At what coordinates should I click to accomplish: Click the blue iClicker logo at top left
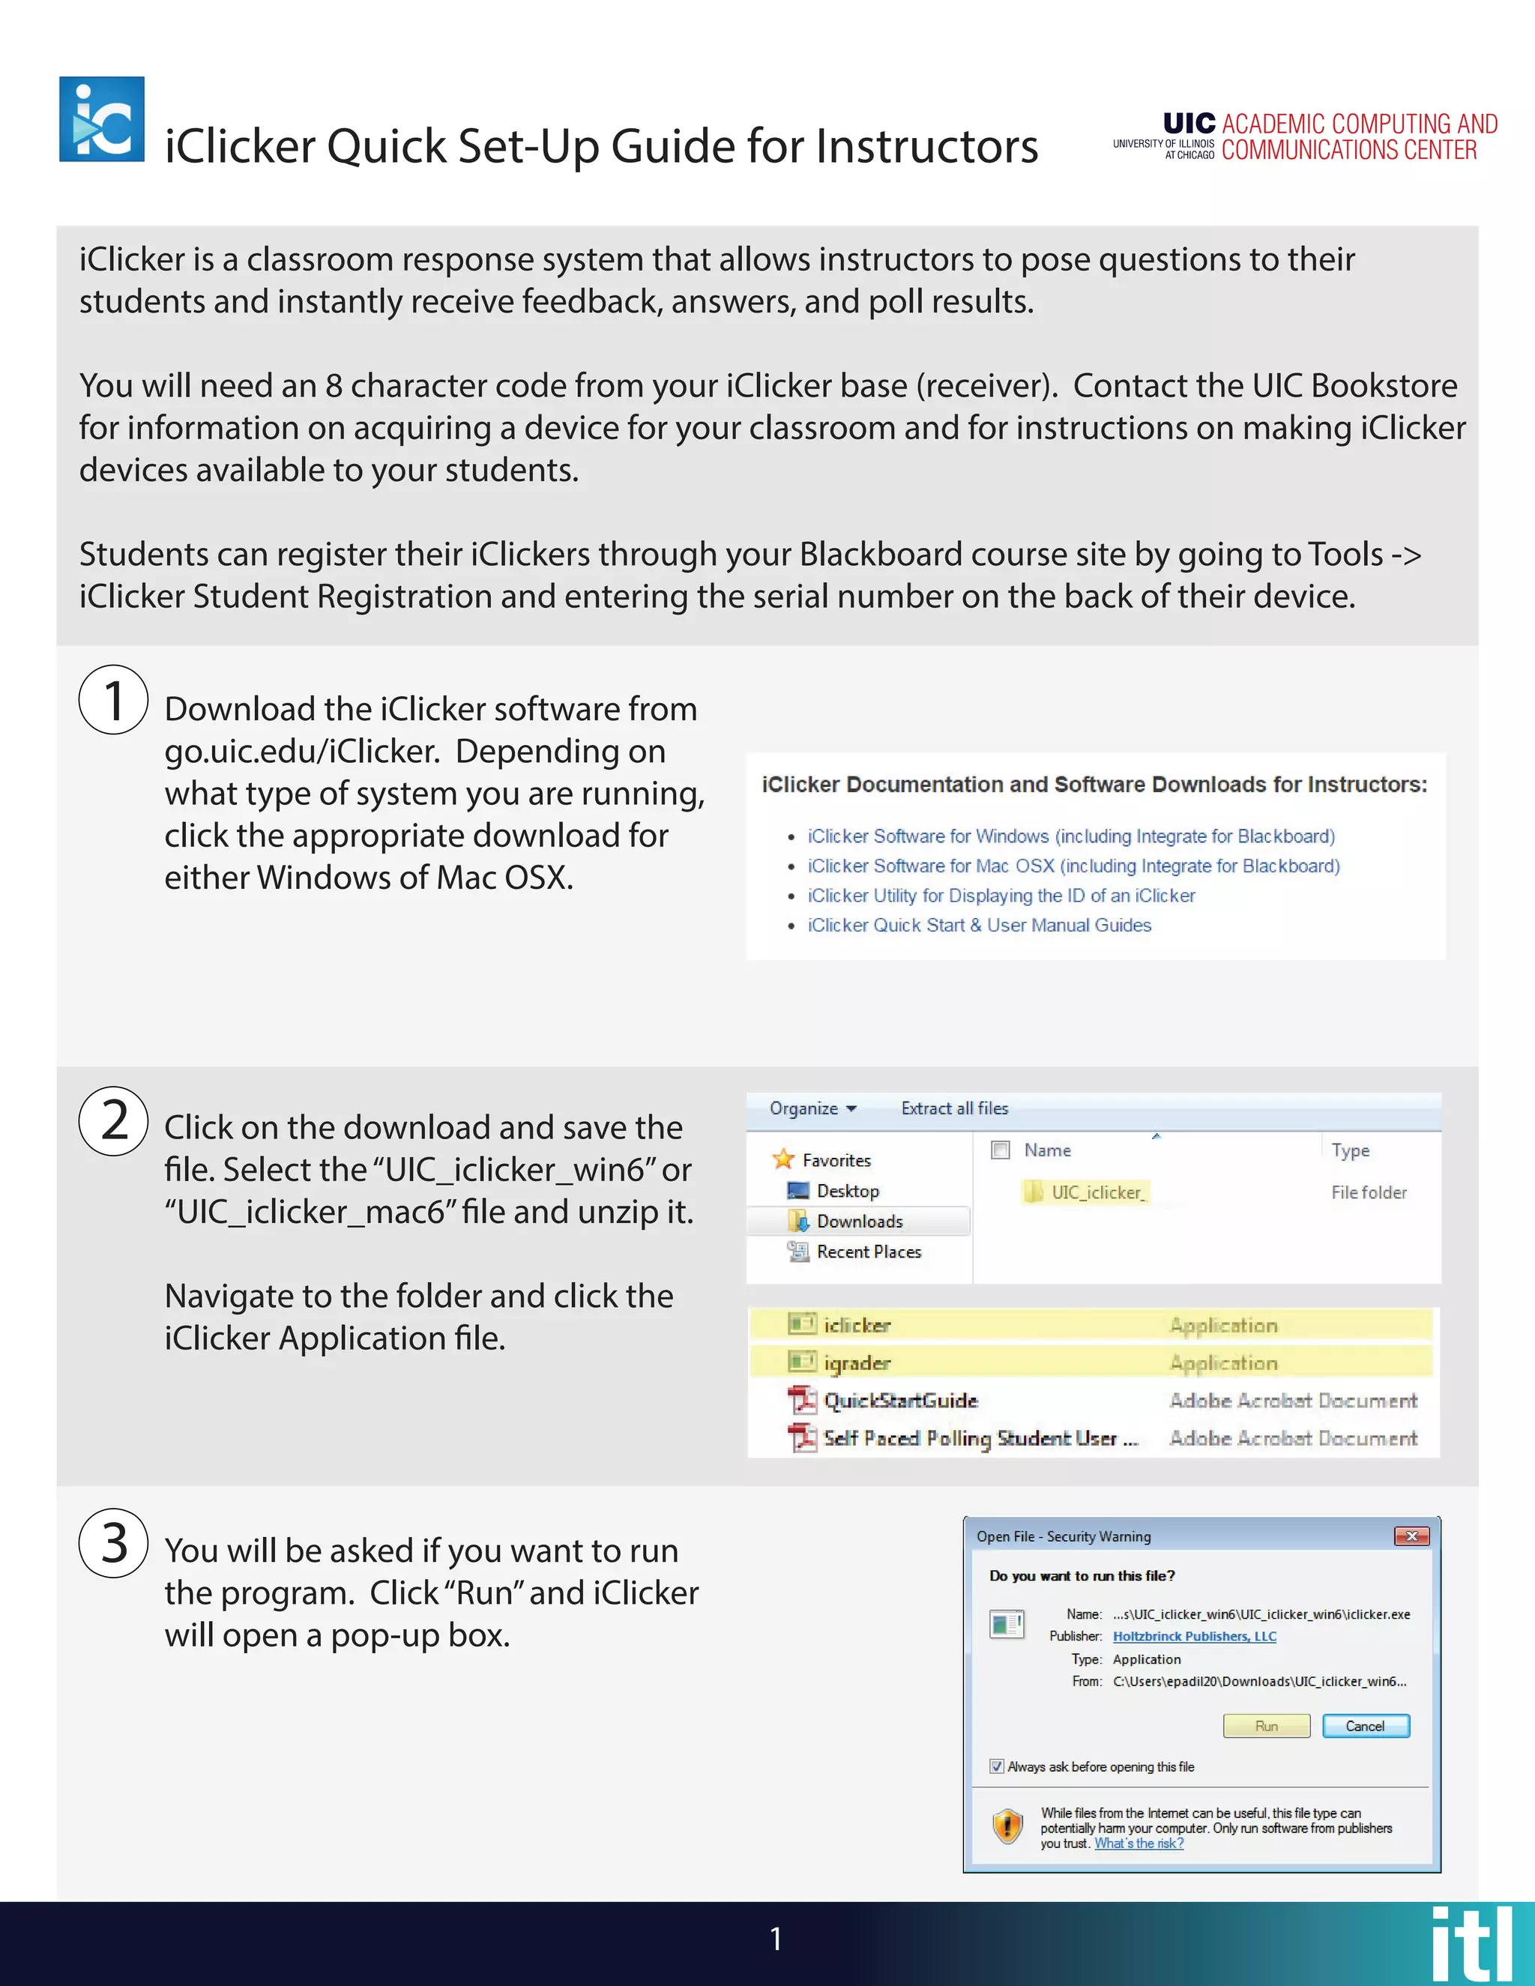pos(101,119)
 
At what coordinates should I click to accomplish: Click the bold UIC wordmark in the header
pos(1189,124)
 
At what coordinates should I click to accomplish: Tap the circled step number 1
pos(114,700)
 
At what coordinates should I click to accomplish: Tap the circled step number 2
pos(114,1120)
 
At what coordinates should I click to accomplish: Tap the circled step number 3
pos(114,1543)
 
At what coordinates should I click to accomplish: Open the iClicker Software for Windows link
pos(1070,836)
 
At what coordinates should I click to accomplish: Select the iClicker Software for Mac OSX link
pos(1073,866)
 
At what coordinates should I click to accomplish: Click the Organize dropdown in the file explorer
pos(812,1108)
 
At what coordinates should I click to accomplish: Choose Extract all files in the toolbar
pos(954,1108)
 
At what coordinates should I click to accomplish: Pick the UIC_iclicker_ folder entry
pos(1097,1192)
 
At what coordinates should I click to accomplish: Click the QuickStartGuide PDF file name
pos(899,1401)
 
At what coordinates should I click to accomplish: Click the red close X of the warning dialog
pos(1411,1536)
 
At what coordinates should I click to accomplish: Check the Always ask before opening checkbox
pos(997,1766)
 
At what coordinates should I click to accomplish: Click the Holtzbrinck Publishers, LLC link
pos(1194,1636)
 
